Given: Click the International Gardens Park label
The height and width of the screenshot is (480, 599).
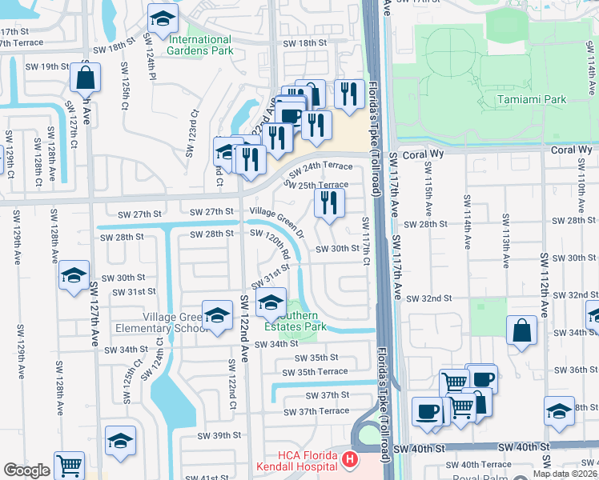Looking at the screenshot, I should click(199, 45).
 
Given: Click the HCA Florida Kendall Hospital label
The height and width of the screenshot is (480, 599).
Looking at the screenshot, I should click(295, 461).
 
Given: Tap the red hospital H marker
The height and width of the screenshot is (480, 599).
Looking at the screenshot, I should click(348, 460).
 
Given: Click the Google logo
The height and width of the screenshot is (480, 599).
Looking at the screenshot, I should click(26, 470).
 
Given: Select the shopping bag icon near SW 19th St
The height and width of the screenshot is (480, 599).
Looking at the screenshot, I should click(85, 78).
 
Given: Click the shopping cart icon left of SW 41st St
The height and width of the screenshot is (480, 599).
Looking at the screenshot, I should click(69, 464).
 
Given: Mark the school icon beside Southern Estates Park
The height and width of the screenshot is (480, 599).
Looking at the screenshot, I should click(271, 302).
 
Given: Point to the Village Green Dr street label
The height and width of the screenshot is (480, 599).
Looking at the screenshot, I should click(277, 218).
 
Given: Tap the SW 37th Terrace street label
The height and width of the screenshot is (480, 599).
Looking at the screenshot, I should click(316, 411).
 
